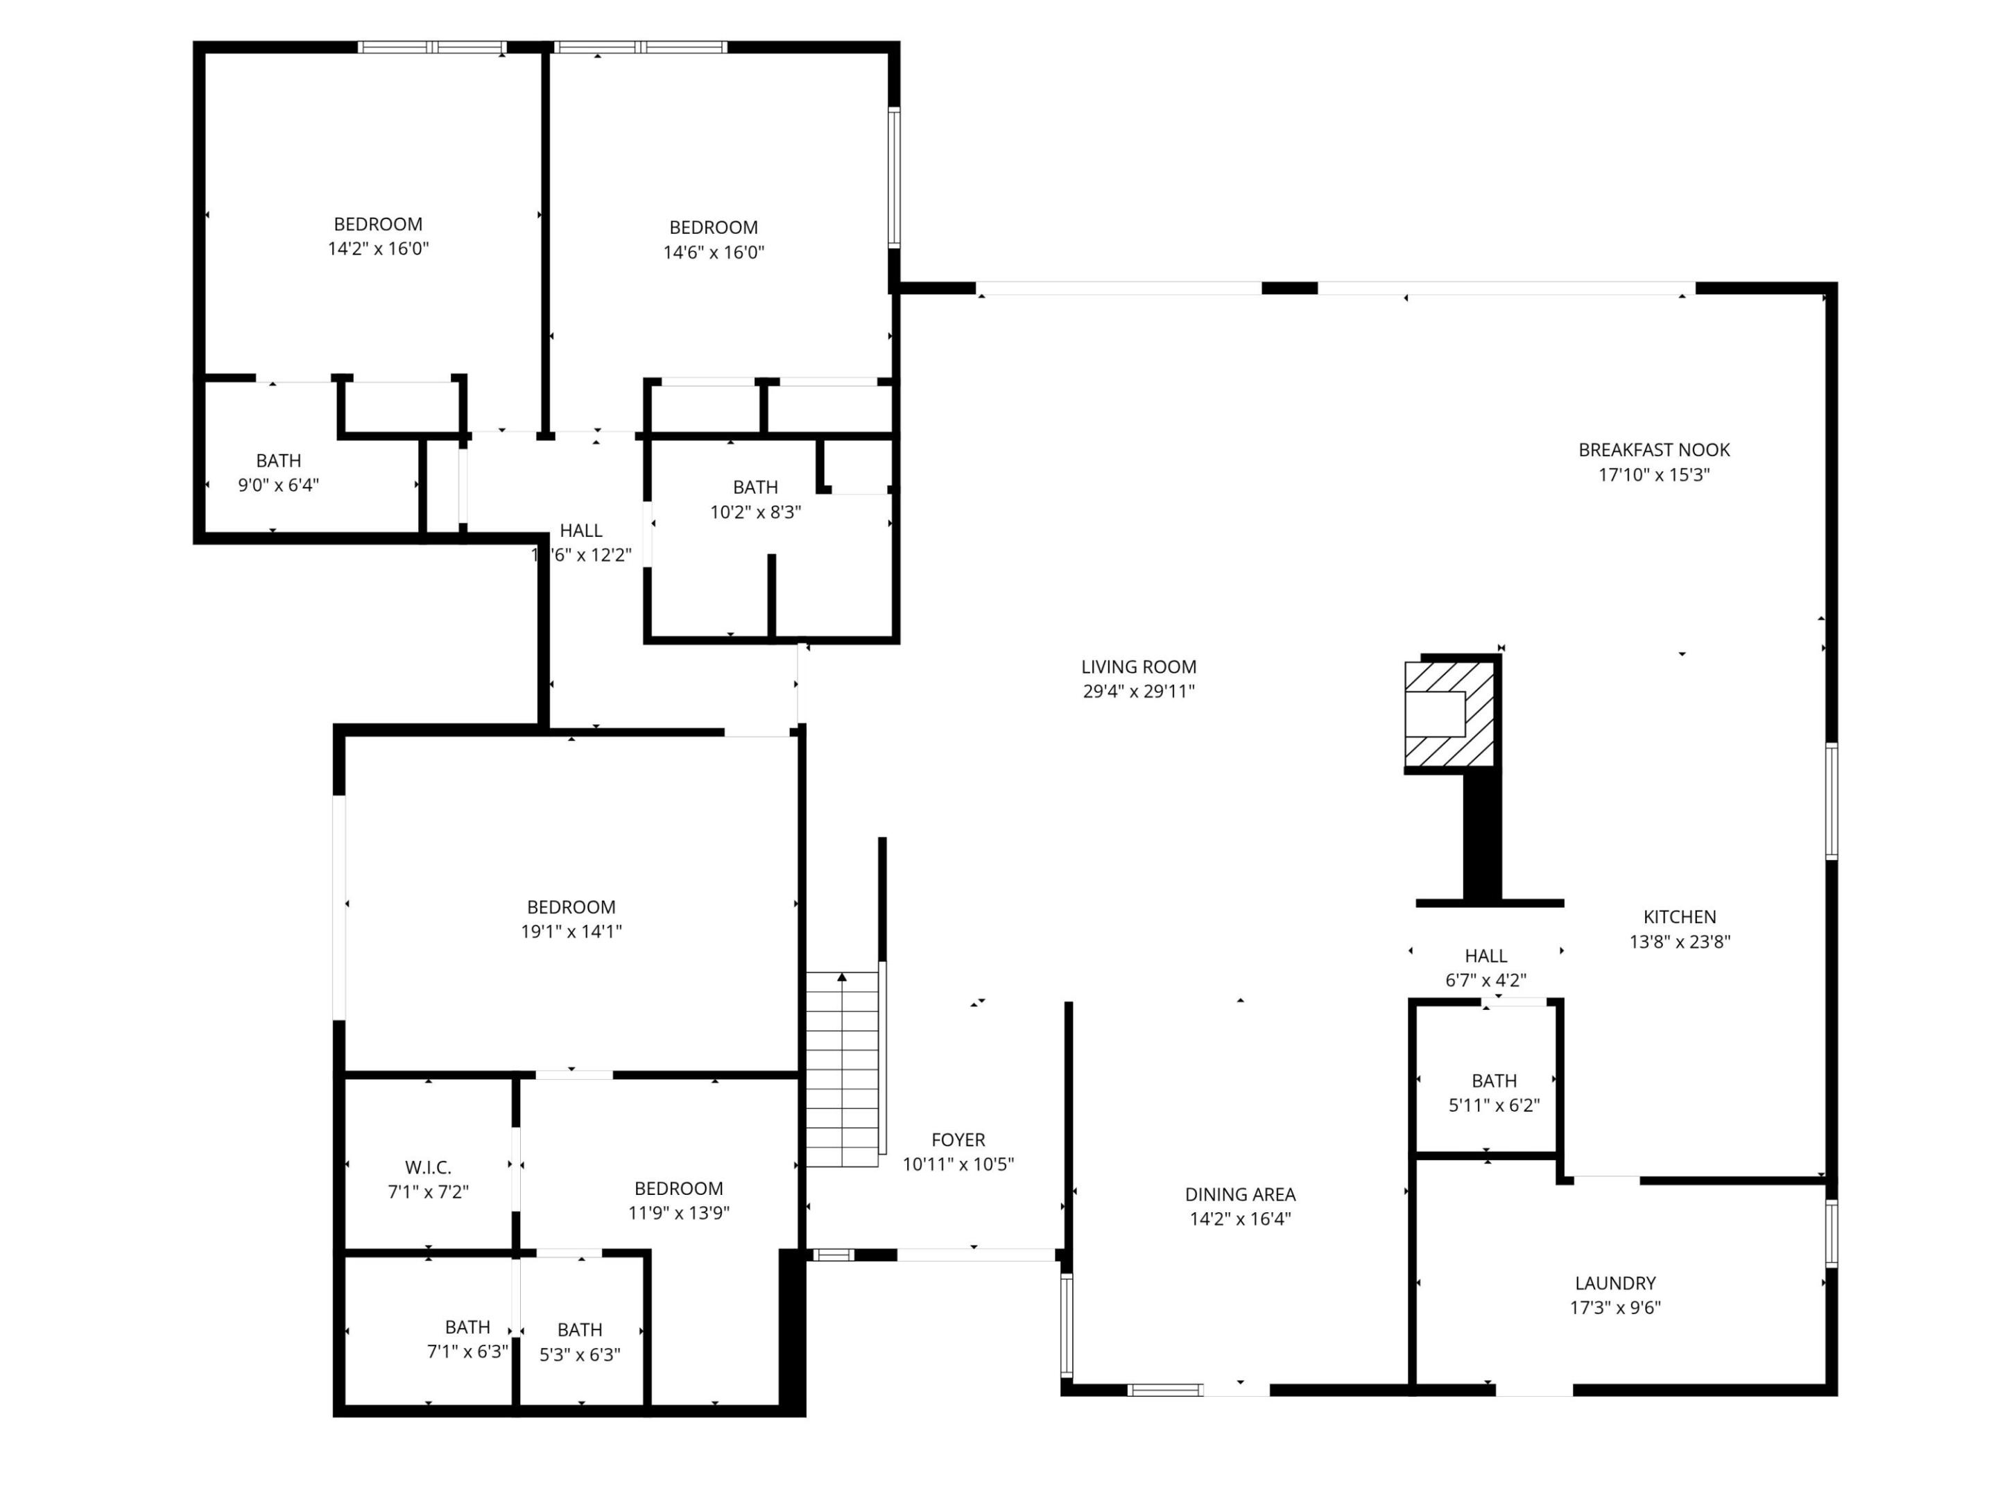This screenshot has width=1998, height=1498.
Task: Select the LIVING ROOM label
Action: point(1138,666)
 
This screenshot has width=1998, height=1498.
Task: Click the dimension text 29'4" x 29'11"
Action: point(1138,692)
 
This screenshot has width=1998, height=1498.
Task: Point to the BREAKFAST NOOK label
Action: point(1654,450)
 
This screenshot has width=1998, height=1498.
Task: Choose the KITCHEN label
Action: point(1679,916)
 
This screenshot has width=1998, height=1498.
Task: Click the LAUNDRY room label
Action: point(1615,1283)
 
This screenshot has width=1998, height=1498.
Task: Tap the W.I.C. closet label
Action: point(428,1167)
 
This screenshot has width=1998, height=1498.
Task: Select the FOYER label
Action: point(958,1140)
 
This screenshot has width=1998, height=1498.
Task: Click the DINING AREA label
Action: point(1239,1194)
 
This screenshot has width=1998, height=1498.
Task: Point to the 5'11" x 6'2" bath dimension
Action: point(1494,1105)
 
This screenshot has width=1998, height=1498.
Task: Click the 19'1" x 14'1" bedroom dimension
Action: point(571,931)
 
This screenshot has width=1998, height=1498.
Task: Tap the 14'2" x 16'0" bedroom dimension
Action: point(377,248)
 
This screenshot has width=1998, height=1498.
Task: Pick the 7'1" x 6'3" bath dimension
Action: point(467,1352)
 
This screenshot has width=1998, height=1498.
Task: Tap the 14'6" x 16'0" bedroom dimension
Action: point(714,252)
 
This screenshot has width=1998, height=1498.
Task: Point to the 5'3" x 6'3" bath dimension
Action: point(580,1354)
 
